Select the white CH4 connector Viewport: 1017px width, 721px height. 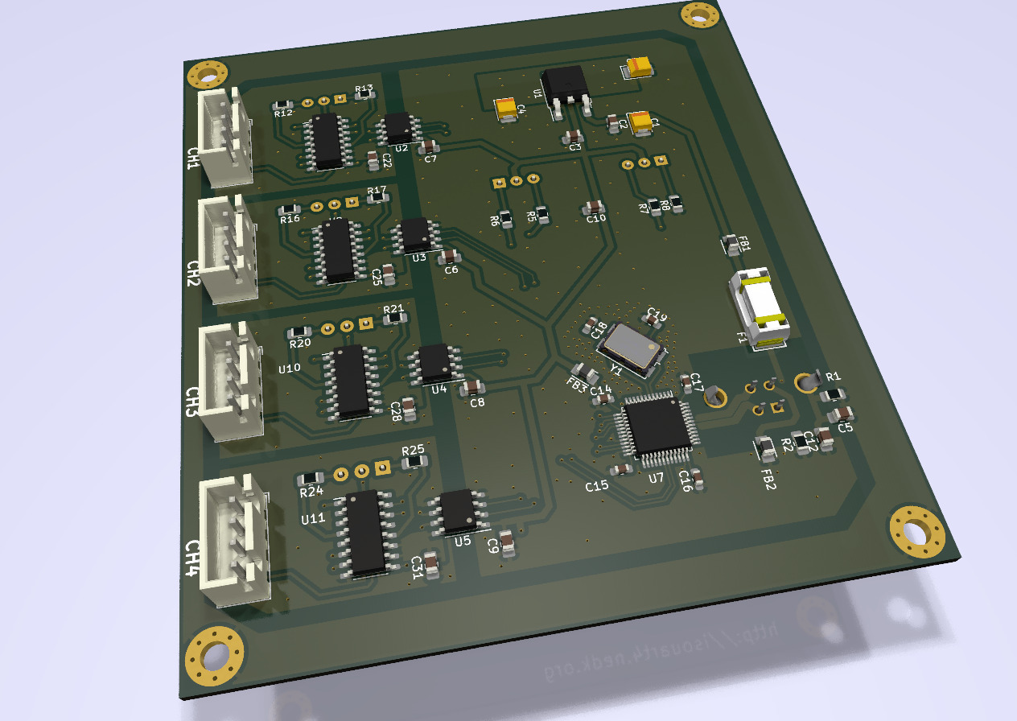tap(235, 540)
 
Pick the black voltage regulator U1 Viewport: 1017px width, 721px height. tap(567, 88)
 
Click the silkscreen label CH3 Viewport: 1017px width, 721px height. tap(191, 402)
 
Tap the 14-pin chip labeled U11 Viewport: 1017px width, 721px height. tap(365, 532)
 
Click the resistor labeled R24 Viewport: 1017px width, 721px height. tap(310, 480)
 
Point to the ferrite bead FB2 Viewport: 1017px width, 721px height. tap(765, 447)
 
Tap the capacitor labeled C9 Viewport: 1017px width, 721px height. tap(508, 543)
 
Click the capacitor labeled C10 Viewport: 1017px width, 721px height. tap(595, 208)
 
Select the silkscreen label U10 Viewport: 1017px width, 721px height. tap(289, 369)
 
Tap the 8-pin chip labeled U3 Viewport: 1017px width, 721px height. tap(416, 233)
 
